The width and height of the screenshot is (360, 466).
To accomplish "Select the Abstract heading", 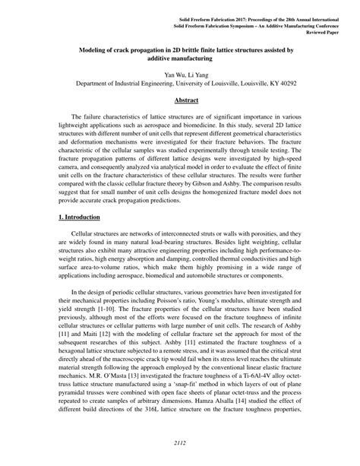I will click(x=180, y=99).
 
